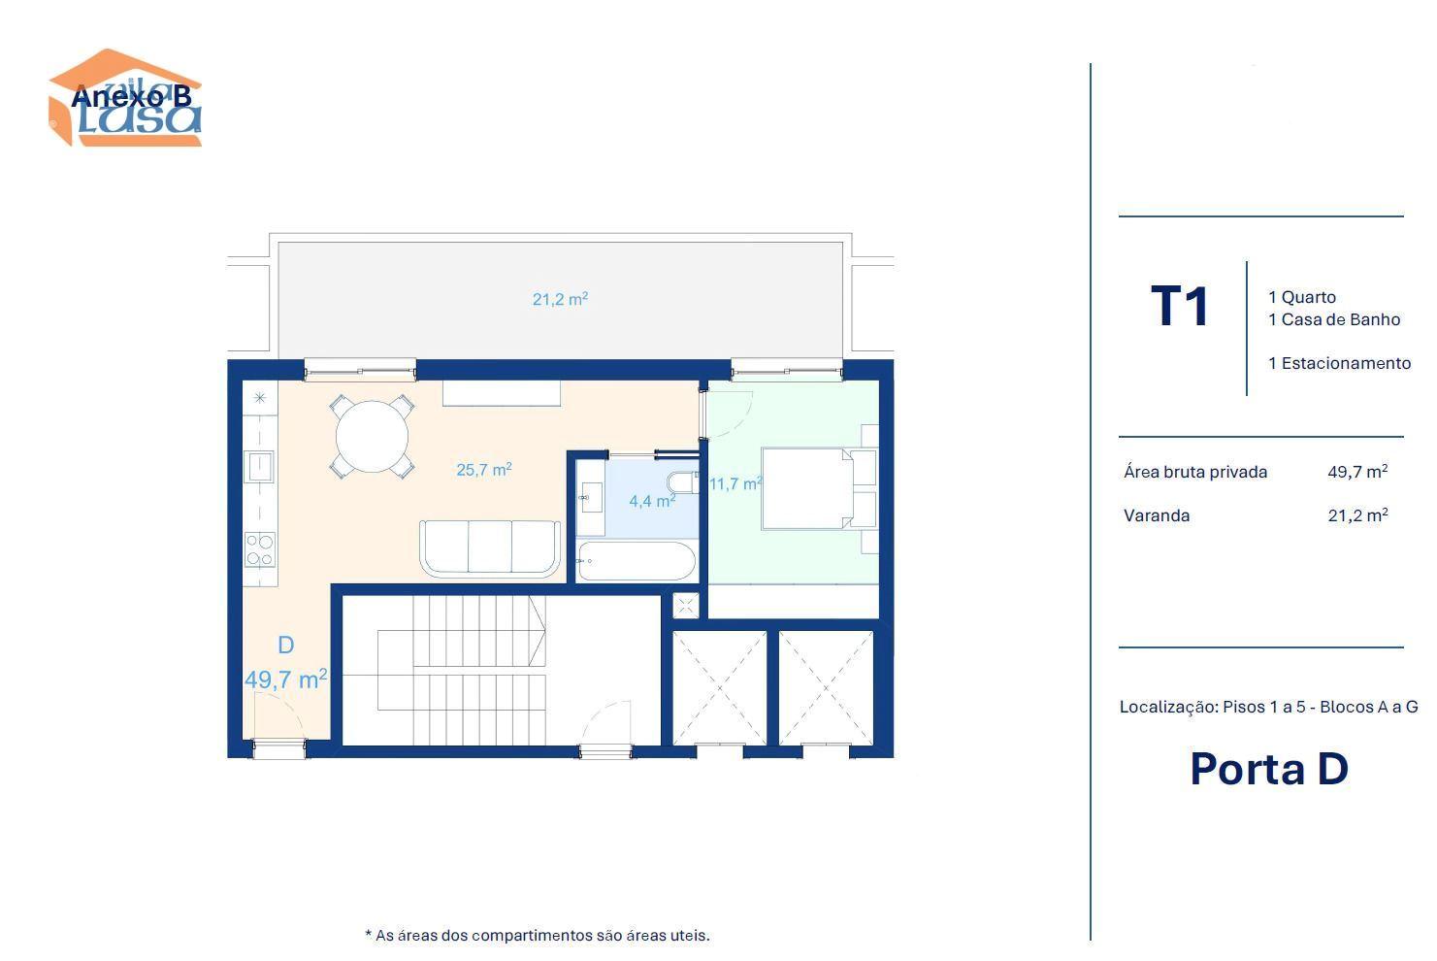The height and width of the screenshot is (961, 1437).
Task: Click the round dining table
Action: click(x=372, y=437)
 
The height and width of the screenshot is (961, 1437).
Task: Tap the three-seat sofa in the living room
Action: click(x=490, y=547)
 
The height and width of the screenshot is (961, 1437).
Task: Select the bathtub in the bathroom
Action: click(x=636, y=561)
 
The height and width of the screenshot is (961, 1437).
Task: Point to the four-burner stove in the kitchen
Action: click(x=260, y=550)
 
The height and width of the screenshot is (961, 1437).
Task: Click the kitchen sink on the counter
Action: click(x=259, y=467)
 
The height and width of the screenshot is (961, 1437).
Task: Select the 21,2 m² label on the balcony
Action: click(x=560, y=299)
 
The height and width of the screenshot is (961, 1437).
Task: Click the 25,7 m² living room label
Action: click(x=484, y=469)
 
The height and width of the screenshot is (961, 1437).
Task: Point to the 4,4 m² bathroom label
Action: click(x=652, y=501)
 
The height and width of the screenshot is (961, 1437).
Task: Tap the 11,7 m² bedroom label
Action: click(x=735, y=483)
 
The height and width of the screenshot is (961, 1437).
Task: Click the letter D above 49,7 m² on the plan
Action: click(x=286, y=646)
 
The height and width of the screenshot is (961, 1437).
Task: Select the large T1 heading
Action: click(x=1180, y=306)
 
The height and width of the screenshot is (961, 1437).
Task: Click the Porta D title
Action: click(x=1269, y=769)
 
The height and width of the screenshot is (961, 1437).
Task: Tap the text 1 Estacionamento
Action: click(x=1340, y=363)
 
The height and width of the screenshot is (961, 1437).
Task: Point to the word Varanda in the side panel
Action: click(x=1157, y=515)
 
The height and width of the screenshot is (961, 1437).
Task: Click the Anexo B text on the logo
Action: click(x=132, y=97)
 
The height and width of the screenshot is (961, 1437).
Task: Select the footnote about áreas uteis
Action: click(x=538, y=936)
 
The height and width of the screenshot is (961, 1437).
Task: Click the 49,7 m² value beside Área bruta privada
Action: click(x=1357, y=472)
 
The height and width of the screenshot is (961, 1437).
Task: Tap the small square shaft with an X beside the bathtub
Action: click(x=686, y=606)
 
